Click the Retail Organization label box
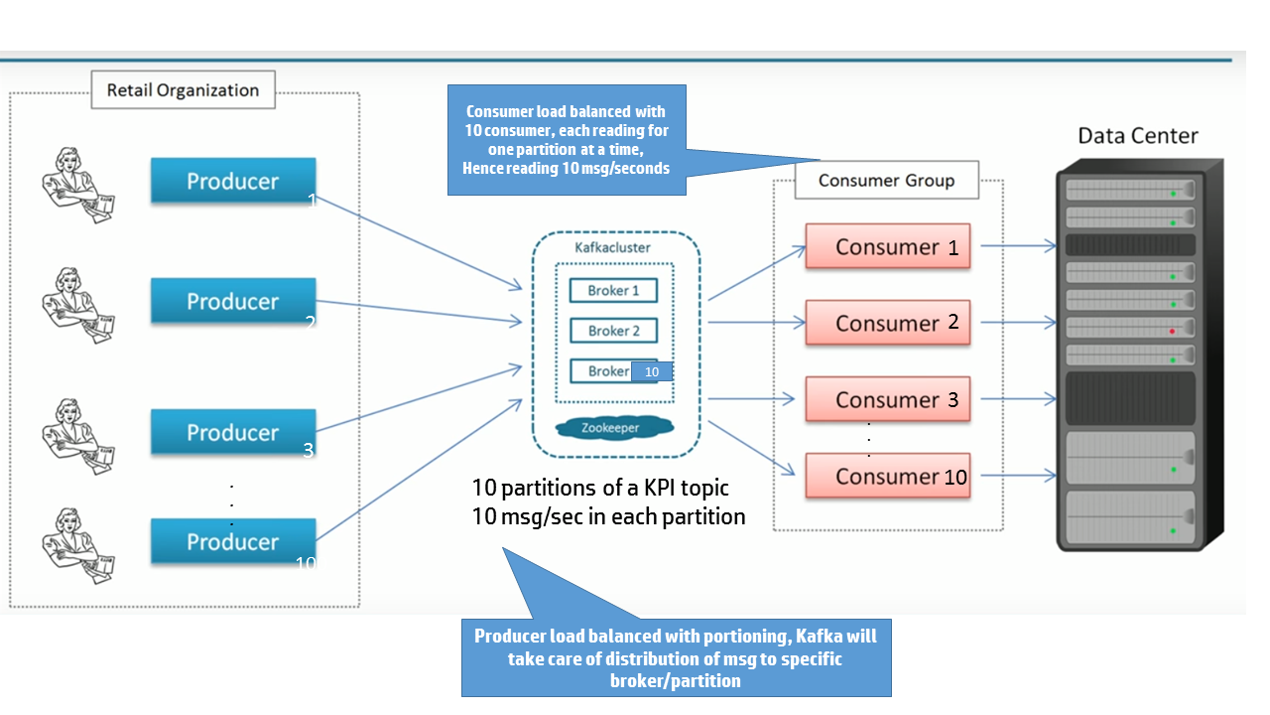pos(183,90)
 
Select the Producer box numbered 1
pos(233,182)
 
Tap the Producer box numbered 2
pos(233,301)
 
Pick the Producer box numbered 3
pos(233,432)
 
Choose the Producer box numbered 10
pos(233,541)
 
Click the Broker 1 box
pos(613,291)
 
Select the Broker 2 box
pos(613,331)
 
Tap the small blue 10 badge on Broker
pos(652,371)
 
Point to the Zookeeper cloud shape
pos(613,428)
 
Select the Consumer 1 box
pos(887,246)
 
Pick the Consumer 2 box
pos(887,323)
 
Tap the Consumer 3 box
pos(887,399)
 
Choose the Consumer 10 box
pos(887,476)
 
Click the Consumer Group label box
pos(886,181)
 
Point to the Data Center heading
pos(1138,136)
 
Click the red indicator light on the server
pos(1172,331)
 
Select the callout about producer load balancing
pos(676,657)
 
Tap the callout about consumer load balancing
pos(566,140)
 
